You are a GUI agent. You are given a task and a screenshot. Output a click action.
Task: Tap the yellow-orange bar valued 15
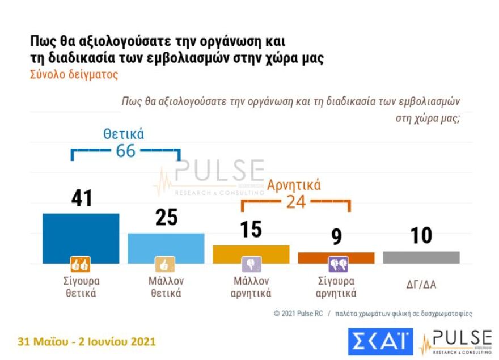coord(251,252)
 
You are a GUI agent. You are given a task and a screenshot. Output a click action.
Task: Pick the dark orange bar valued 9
coord(336,257)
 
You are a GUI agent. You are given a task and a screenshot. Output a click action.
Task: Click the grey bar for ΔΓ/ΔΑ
coord(421,257)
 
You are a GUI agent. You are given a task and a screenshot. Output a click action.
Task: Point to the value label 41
coord(82,198)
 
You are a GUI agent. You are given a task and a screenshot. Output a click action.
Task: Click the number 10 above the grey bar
coord(421,235)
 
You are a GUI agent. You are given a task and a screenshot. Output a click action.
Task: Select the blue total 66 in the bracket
coord(126,151)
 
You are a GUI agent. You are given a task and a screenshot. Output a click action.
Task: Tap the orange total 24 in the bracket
coord(295,202)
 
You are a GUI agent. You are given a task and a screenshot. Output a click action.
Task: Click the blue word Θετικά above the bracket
coord(124,134)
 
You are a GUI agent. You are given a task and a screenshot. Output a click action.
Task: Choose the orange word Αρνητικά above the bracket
coord(294,185)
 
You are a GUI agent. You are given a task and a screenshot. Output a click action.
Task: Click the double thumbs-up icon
coord(80,264)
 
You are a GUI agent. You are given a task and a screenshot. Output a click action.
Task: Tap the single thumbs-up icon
coord(165,265)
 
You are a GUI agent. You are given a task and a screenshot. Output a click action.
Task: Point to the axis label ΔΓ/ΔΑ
coord(421,285)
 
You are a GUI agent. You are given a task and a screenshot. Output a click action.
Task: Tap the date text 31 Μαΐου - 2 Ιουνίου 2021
coord(87,342)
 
